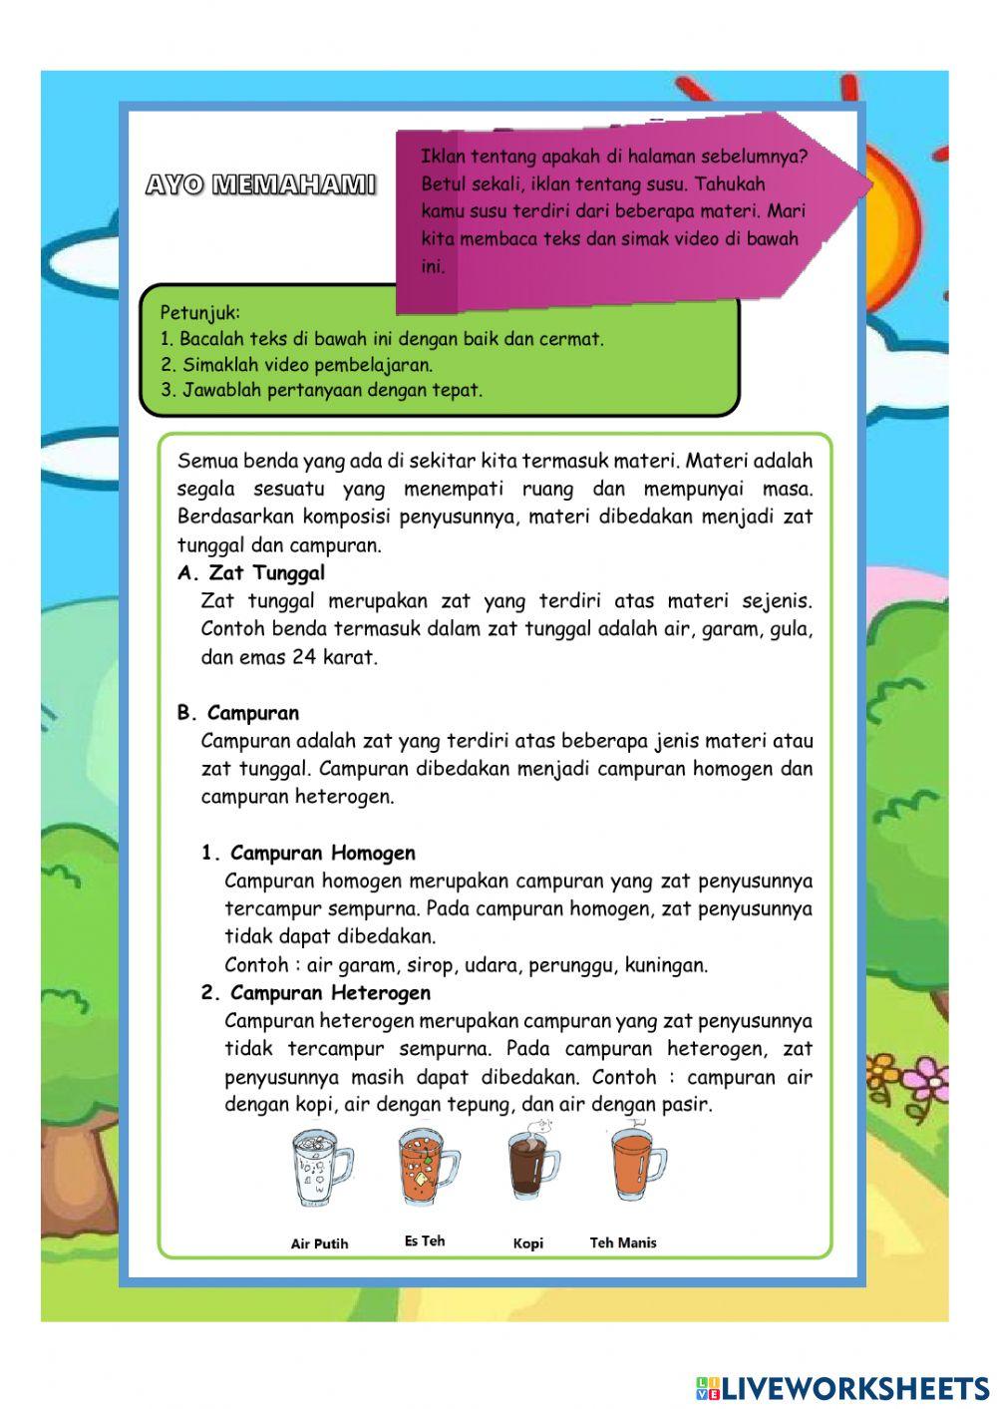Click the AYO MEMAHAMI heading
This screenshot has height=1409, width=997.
pos(260,184)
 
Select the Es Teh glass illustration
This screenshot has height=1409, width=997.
pos(426,1166)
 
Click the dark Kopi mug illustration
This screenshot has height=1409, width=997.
pos(532,1163)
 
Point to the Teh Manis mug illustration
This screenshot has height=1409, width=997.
pos(637,1165)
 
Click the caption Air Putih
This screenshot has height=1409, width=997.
pos(319,1243)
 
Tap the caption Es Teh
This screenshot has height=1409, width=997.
pos(425,1240)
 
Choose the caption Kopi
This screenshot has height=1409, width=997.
pos(528,1243)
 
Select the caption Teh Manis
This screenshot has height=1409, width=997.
pos(623,1242)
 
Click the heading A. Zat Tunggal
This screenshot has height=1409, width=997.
pos(251,573)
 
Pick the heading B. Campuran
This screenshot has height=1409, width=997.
pos(238,713)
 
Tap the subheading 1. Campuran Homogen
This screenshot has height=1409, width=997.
pos(308,853)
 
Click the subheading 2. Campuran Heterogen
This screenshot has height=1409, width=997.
pos(316,992)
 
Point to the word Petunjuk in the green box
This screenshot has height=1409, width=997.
pos(199,312)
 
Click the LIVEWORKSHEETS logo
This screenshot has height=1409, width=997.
pos(842,1387)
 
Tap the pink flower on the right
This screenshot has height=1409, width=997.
pos(927,1074)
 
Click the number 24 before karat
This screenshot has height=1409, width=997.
pos(303,657)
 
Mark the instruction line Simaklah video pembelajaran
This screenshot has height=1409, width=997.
pos(296,364)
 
